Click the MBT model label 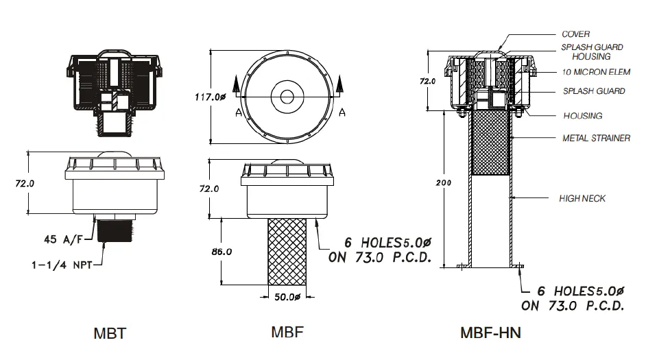click(109, 334)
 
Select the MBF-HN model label click(490, 333)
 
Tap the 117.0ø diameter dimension click(211, 97)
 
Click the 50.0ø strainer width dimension click(288, 297)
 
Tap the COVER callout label click(575, 34)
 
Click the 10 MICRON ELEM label click(595, 72)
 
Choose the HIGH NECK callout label click(582, 198)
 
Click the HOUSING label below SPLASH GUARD click(582, 116)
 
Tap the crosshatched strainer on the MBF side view click(287, 250)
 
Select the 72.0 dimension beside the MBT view click(24, 184)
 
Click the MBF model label click(287, 333)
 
